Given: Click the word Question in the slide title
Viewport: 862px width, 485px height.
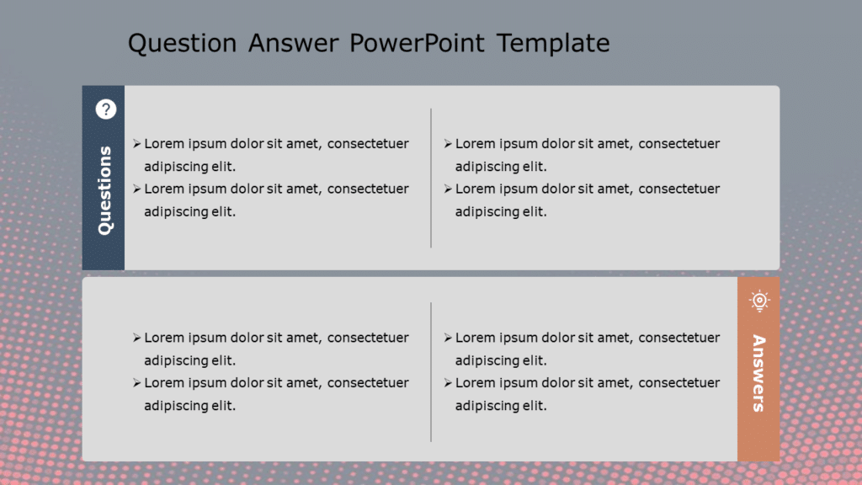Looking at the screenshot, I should pyautogui.click(x=183, y=43).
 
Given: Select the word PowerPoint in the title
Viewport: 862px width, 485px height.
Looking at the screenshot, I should pyautogui.click(x=417, y=43).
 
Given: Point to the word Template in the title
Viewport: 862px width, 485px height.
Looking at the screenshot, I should pyautogui.click(x=553, y=43).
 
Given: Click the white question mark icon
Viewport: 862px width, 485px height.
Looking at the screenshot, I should pyautogui.click(x=105, y=109).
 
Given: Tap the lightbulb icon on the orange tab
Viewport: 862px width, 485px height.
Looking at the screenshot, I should pyautogui.click(x=759, y=300).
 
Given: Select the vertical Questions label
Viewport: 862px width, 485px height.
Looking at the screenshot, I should pyautogui.click(x=104, y=190).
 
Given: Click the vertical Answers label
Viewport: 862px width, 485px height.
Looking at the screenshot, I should pyautogui.click(x=758, y=373).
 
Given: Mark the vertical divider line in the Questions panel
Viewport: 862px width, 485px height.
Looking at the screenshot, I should pyautogui.click(x=431, y=178).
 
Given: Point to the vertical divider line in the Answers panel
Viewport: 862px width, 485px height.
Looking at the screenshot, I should pyautogui.click(x=431, y=371).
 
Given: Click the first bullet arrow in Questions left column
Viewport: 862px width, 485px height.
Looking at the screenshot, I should pyautogui.click(x=136, y=144).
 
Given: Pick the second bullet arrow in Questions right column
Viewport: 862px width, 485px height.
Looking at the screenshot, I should pyautogui.click(x=448, y=189).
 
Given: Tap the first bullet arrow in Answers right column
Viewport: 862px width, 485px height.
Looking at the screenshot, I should pyautogui.click(x=448, y=338).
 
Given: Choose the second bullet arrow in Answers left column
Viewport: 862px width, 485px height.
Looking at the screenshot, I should pyautogui.click(x=136, y=383).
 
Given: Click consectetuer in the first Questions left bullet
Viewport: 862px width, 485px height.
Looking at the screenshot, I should pyautogui.click(x=368, y=144).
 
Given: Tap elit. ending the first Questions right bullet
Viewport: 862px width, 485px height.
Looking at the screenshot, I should pyautogui.click(x=531, y=167).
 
